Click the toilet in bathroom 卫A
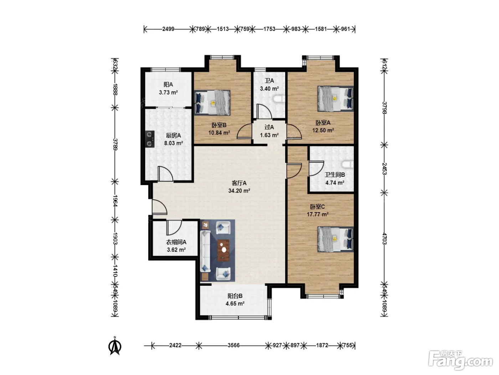coord(279,99)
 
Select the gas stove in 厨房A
coord(150,139)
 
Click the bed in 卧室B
coord(212,102)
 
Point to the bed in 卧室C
coord(335,239)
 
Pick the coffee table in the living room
coord(223,250)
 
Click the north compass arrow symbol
coord(115,346)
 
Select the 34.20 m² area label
coord(239,191)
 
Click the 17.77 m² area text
coord(318,214)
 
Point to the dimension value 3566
coord(233,345)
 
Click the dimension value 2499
coord(168,29)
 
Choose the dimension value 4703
coord(385,238)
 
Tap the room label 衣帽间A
coord(176,242)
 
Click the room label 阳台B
coord(235,296)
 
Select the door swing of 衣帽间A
coord(174,227)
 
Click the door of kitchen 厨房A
coord(165,174)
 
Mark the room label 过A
coord(269,127)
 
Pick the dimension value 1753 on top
coord(269,29)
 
